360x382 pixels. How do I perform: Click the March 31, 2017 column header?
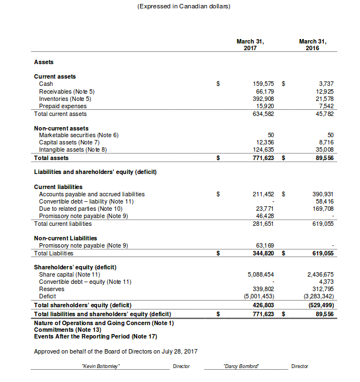click(x=250, y=45)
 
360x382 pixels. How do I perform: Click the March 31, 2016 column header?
click(x=313, y=45)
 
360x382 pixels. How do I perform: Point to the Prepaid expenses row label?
click(x=63, y=106)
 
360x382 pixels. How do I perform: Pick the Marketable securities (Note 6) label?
click(x=79, y=135)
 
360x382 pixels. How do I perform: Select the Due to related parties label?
click(x=75, y=209)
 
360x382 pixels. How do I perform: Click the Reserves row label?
click(x=51, y=289)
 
